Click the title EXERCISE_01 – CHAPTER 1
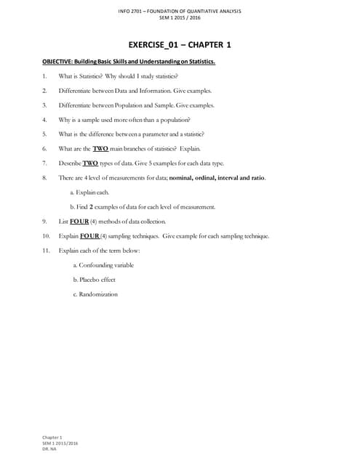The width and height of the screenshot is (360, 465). (x=180, y=45)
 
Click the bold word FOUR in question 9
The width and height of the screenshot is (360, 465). (x=79, y=221)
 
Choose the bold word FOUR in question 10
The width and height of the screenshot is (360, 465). (x=89, y=236)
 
